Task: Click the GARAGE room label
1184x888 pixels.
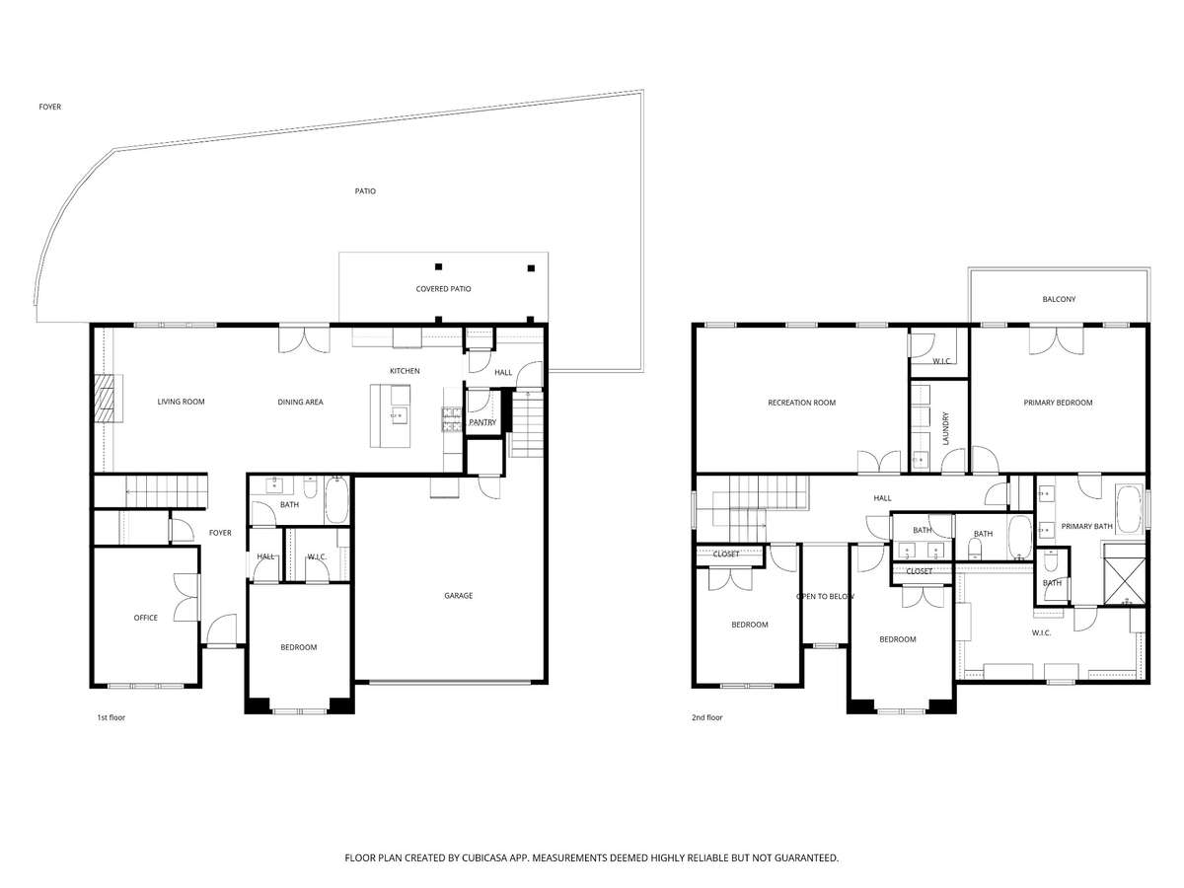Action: [x=458, y=595]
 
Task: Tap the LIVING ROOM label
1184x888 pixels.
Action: [x=181, y=402]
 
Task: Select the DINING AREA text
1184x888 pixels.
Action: [x=300, y=402]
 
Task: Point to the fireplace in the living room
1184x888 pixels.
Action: [x=106, y=399]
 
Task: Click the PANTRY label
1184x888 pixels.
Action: [x=482, y=422]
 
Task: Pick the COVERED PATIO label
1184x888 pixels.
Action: [x=443, y=289]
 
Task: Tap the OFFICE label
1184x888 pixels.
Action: [x=146, y=618]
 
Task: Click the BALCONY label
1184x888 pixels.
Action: [x=1059, y=299]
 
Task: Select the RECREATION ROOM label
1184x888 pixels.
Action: [x=801, y=403]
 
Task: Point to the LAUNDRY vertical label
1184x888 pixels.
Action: [x=945, y=428]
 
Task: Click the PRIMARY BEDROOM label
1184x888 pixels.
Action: [x=1058, y=403]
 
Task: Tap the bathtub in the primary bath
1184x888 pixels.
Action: [x=1128, y=509]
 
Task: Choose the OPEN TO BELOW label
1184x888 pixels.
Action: [x=825, y=596]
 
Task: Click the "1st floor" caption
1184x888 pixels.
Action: [x=111, y=717]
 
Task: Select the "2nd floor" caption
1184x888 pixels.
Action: [x=706, y=717]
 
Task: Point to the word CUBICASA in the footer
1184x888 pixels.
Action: [x=484, y=857]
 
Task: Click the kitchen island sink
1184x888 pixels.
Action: [x=400, y=415]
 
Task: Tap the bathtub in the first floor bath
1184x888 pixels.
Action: [x=337, y=499]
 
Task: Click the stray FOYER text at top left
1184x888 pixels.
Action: [x=50, y=107]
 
